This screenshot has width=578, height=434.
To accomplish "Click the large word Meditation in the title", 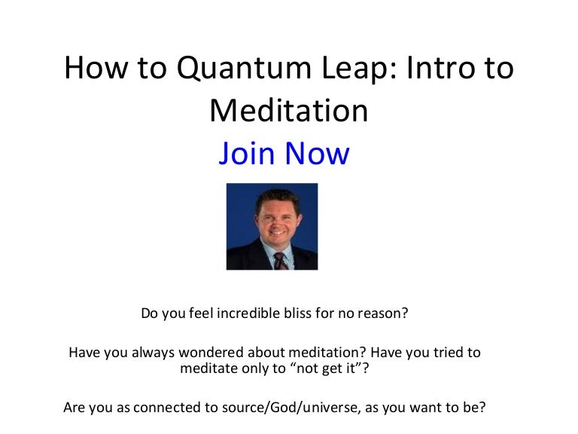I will tap(289, 111).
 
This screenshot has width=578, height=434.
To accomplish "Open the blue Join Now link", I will tap(284, 153).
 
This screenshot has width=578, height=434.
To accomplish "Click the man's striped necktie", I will tap(279, 260).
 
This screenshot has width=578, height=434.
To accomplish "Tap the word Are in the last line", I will tap(75, 408).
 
